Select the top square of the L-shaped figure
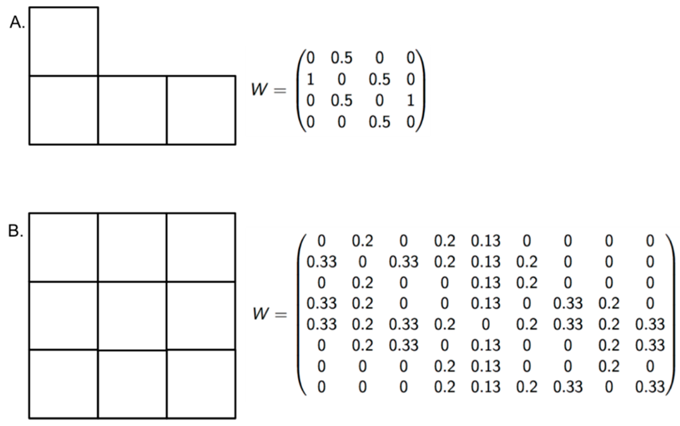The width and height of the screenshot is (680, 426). [64, 41]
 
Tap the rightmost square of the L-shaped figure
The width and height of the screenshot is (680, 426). [201, 109]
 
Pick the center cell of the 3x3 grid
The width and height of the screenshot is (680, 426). [132, 315]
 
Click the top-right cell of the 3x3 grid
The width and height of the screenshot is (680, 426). [201, 247]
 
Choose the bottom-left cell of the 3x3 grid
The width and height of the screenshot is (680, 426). [64, 384]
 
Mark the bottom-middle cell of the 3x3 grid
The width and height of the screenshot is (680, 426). [132, 384]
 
